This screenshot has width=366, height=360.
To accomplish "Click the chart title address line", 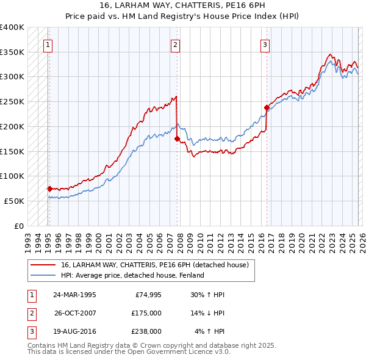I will pyautogui.click(x=182, y=5).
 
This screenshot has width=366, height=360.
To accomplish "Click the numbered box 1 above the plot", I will pyautogui.click(x=48, y=44).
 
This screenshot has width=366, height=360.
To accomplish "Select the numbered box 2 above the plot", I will pyautogui.click(x=175, y=44).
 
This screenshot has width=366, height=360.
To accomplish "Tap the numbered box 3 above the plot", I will pyautogui.click(x=265, y=44).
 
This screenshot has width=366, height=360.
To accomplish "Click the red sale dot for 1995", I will pyautogui.click(x=49, y=189).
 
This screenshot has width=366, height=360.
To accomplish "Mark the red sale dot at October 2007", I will pyautogui.click(x=178, y=139).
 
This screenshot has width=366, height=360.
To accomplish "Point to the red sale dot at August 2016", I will pyautogui.click(x=267, y=108).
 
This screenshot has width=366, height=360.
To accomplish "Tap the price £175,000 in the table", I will pyautogui.click(x=146, y=313).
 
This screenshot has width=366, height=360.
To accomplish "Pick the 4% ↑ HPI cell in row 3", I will pyautogui.click(x=210, y=331).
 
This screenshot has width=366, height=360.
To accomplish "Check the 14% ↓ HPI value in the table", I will pyautogui.click(x=208, y=313).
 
